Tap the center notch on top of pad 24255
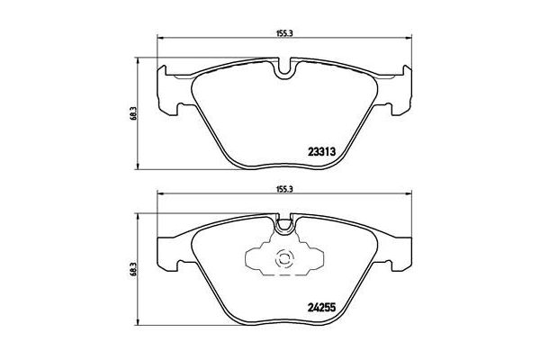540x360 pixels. pos(285,221)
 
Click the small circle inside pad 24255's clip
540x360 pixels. pos(285,262)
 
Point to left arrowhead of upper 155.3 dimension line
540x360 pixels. pos(161,38)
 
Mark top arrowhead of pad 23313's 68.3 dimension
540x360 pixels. pos(138,61)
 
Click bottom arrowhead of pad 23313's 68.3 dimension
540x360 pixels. pos(138,165)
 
